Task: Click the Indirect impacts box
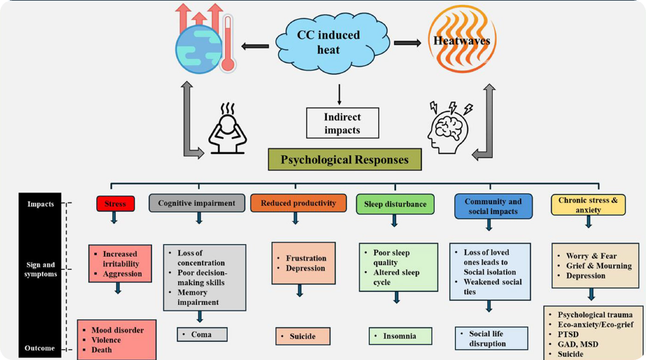tap(342, 123)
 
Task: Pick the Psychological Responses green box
tap(345, 159)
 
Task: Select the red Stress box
tap(115, 204)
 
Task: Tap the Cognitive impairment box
tap(196, 203)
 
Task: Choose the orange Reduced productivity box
tap(298, 203)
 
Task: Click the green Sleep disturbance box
tap(395, 204)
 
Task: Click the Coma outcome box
tap(202, 334)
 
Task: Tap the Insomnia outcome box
tap(400, 336)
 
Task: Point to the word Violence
tap(106, 340)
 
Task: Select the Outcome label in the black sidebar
tap(39, 348)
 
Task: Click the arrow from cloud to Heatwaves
tap(407, 43)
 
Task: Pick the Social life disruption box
tap(491, 338)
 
